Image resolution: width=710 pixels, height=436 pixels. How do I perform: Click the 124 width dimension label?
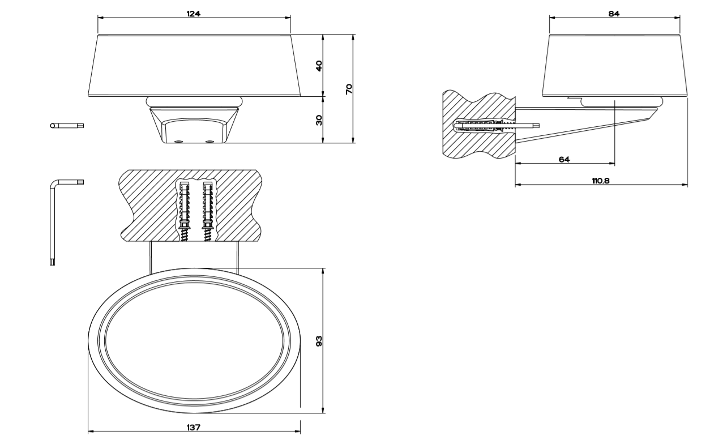(x=194, y=12)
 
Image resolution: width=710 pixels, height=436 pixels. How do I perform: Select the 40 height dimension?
(x=319, y=65)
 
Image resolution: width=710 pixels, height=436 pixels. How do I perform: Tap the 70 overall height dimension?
(x=349, y=88)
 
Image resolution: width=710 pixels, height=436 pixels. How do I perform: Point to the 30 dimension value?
(x=319, y=119)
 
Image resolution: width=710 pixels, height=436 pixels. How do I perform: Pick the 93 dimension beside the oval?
(x=319, y=341)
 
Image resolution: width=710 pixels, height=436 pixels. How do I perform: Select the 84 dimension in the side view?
(x=614, y=13)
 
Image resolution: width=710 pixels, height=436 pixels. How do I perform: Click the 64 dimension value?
(x=564, y=160)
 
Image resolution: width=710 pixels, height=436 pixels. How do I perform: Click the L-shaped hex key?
(x=53, y=221)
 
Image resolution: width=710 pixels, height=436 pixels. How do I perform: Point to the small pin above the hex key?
(x=66, y=125)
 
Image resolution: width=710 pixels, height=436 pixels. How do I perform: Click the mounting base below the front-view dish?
(x=194, y=125)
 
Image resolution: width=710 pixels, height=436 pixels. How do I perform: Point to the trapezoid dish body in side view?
(x=614, y=65)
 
